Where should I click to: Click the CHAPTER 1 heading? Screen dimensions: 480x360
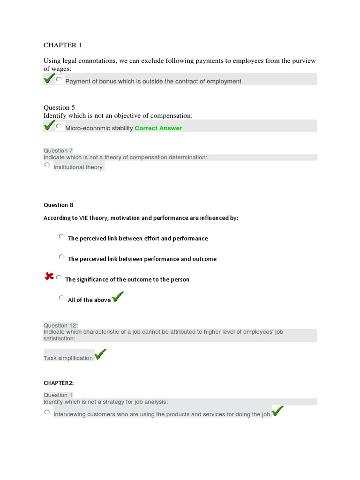pos(62,45)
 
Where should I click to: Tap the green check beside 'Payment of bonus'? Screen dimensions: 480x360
pos(48,79)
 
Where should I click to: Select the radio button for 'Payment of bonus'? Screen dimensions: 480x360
pos(59,80)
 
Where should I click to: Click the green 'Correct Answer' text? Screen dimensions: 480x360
pos(158,128)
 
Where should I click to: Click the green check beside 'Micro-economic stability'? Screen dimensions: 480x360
pos(48,126)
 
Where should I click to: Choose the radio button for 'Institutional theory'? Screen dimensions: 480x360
pos(47,165)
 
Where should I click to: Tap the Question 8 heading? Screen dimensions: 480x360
pos(59,205)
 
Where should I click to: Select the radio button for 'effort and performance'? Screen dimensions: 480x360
pos(61,237)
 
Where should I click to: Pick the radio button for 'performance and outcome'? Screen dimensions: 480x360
pos(61,257)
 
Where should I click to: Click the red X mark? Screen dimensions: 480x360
pos(49,277)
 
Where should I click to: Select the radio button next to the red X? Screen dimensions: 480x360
pos(59,277)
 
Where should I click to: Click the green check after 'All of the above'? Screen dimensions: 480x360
pos(118,297)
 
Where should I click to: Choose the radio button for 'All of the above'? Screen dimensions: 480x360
pos(61,298)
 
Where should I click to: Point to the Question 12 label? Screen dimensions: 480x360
pos(60,325)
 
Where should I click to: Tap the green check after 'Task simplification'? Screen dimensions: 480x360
pos(100,355)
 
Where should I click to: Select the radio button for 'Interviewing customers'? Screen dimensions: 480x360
pos(47,412)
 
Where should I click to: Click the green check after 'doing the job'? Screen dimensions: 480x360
pos(277,412)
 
